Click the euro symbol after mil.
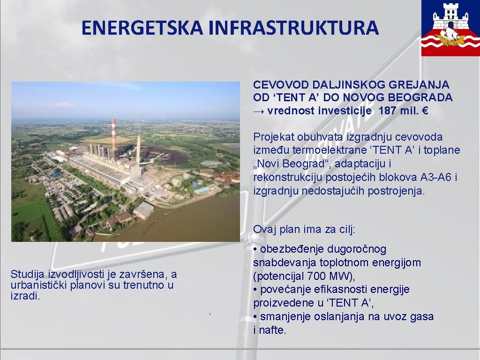pyautogui.click(x=425, y=111)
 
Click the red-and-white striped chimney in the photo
pyautogui.click(x=113, y=138)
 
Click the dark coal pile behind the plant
pyautogui.click(x=162, y=155)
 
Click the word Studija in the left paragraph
pyautogui.click(x=26, y=275)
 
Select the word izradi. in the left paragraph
pyautogui.click(x=24, y=296)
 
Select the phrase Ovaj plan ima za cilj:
pyautogui.click(x=304, y=229)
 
